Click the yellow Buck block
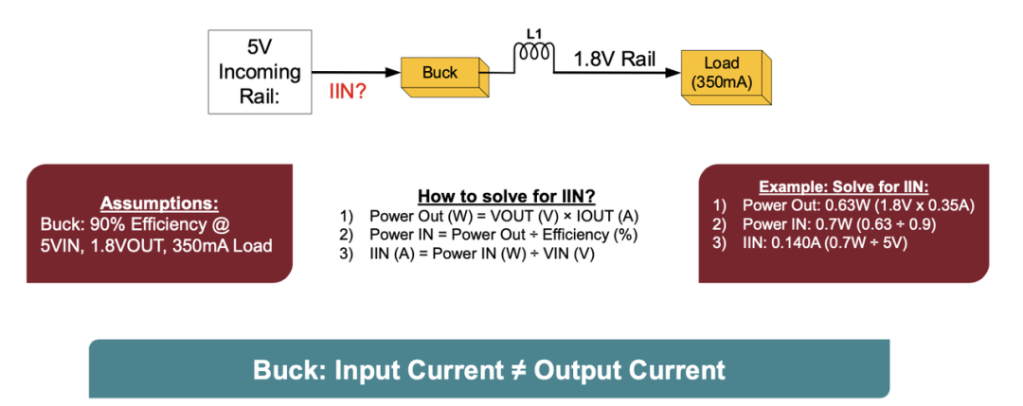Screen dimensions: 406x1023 pos(440,74)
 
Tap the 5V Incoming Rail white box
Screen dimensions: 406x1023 pos(260,72)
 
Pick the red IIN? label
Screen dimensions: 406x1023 pos(348,93)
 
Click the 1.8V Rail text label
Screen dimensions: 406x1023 pos(615,59)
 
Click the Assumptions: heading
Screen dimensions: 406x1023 pos(159,203)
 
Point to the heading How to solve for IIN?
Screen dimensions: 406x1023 pos(506,197)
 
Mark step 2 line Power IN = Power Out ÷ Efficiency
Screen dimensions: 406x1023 pos(502,235)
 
